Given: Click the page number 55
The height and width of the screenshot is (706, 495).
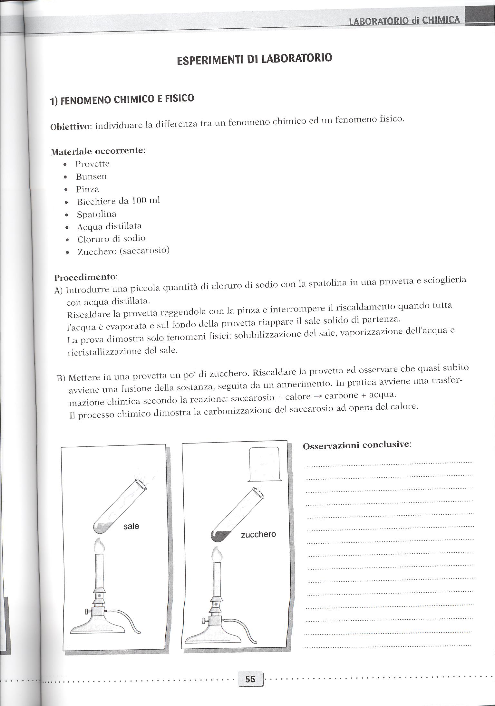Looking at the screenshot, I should pyautogui.click(x=250, y=670).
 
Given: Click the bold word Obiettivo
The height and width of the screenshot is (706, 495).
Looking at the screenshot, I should pyautogui.click(x=70, y=126).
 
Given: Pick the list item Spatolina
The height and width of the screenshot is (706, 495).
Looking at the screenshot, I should pyautogui.click(x=96, y=214).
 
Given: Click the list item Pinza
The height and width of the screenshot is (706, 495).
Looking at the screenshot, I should pyautogui.click(x=87, y=189).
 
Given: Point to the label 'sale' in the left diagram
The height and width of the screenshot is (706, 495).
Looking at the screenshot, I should pyautogui.click(x=131, y=526).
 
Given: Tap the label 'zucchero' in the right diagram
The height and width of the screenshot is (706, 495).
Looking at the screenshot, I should pyautogui.click(x=258, y=534).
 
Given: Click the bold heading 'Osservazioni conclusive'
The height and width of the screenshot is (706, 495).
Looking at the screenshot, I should pyautogui.click(x=357, y=445).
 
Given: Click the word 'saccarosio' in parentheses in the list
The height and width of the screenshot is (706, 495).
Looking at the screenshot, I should pyautogui.click(x=144, y=251).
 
